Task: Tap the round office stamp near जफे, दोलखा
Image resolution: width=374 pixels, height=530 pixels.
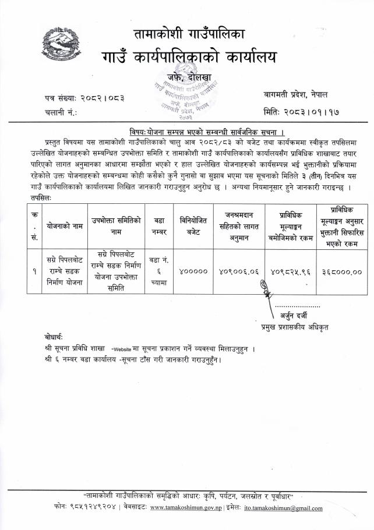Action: (188, 93)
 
